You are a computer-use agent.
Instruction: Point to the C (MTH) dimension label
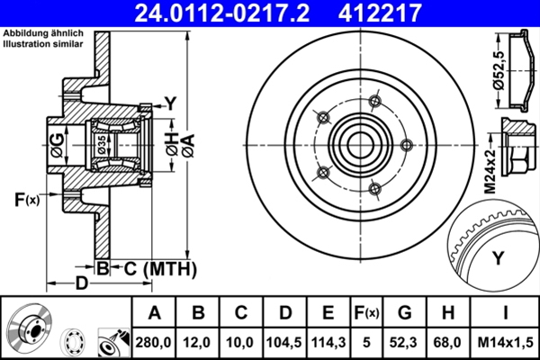(155, 267)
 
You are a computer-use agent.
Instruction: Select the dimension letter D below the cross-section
(81, 283)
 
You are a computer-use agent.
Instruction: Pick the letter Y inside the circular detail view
(498, 259)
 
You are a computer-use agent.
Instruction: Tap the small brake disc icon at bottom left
(29, 329)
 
